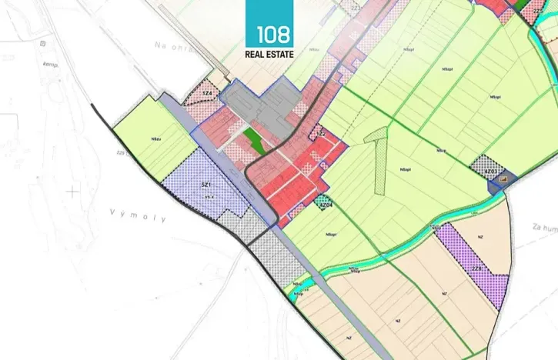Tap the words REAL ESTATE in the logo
point(269,54)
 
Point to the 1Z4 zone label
point(207,93)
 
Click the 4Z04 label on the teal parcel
point(325,205)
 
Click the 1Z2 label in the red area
point(322,135)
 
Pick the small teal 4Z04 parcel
point(324,204)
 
